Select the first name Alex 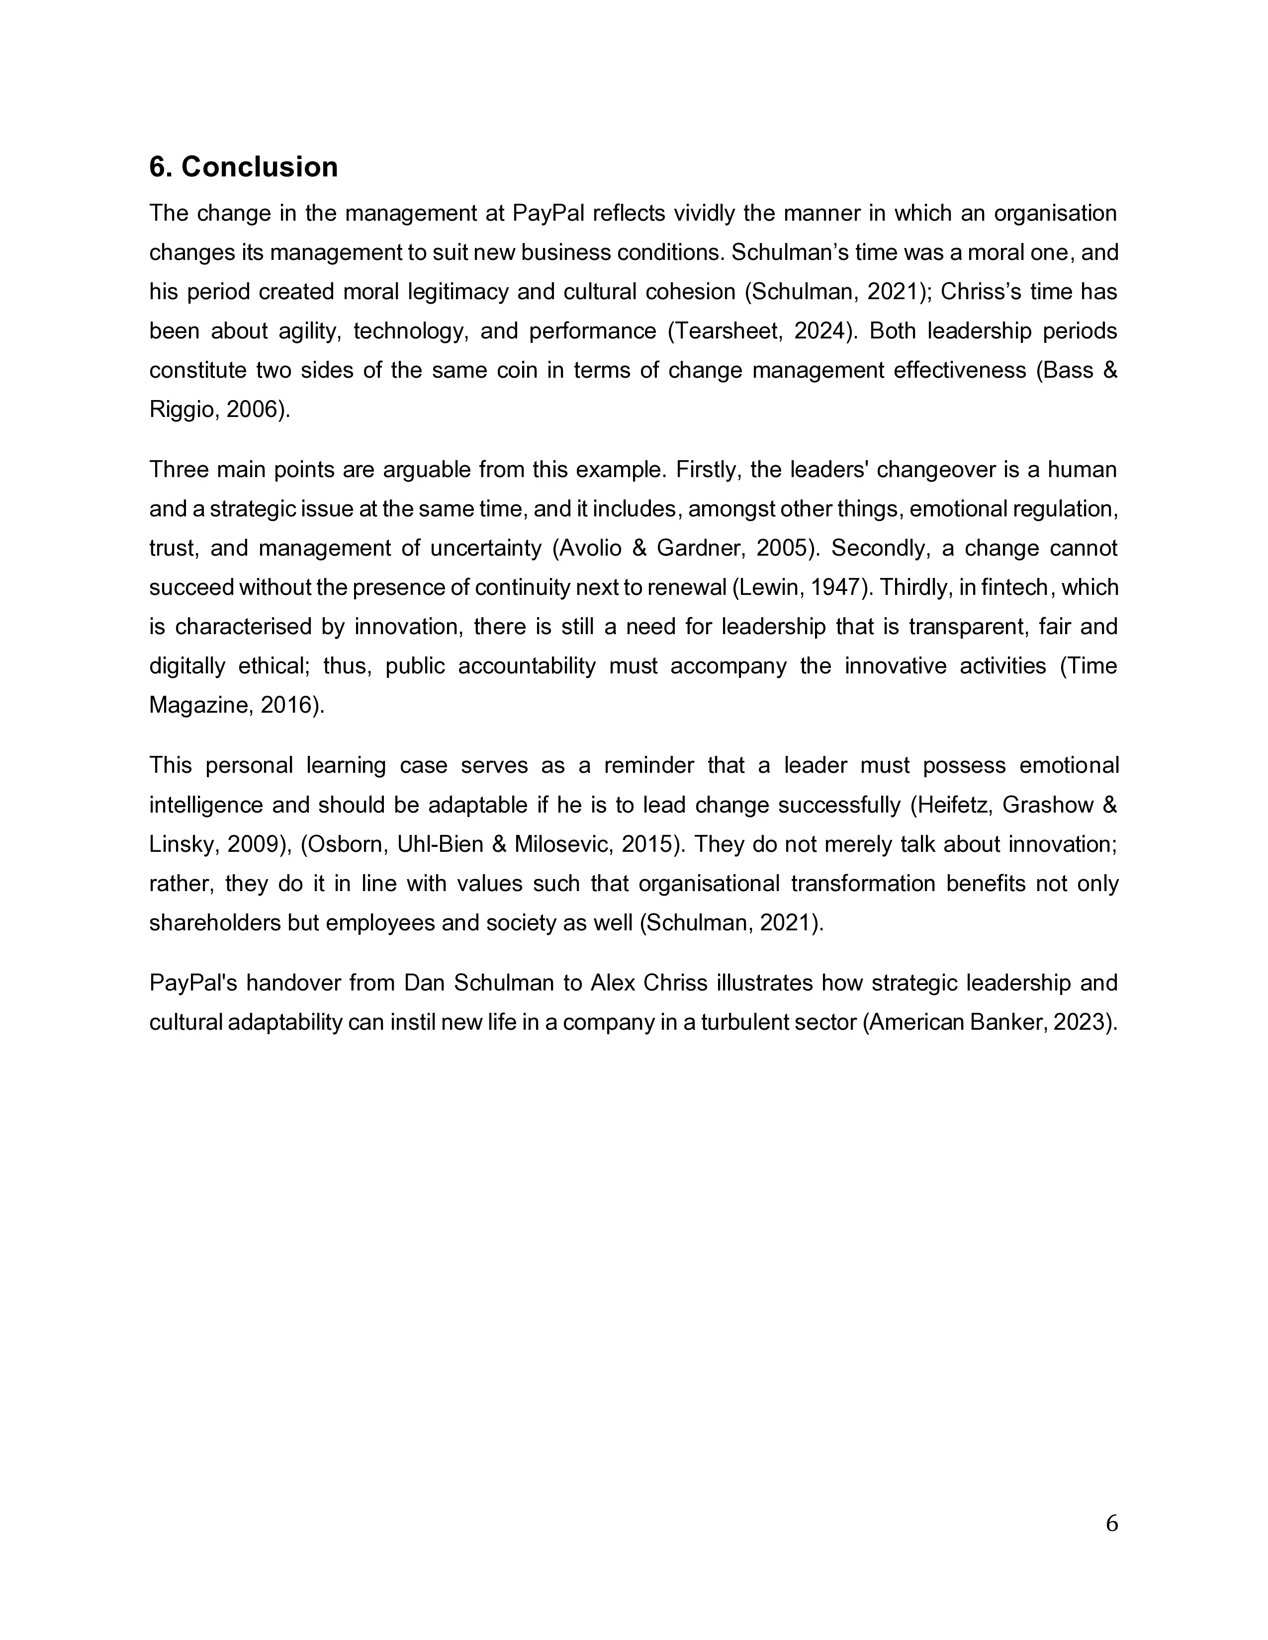tap(613, 983)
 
